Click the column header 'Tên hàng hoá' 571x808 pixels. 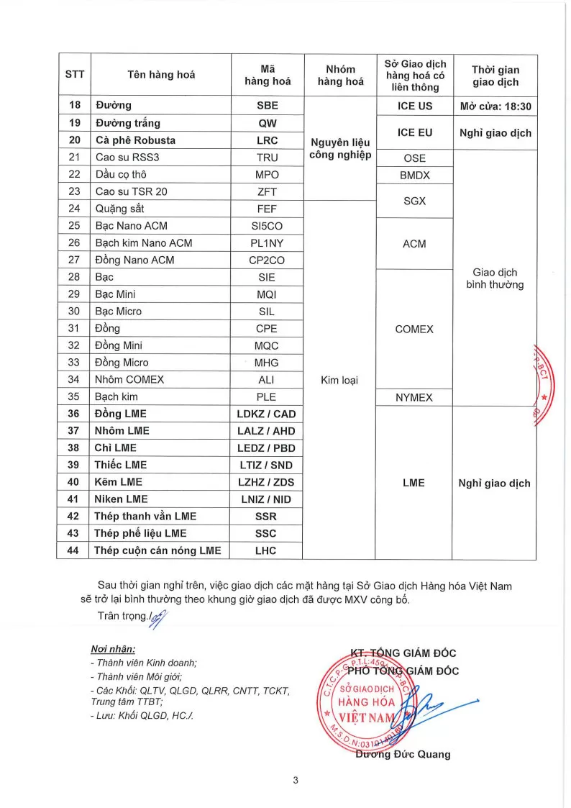[161, 75]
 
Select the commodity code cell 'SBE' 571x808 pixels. [267, 106]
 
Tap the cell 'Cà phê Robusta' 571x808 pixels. [135, 140]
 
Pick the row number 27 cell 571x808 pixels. [73, 260]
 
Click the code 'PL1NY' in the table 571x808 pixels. [267, 243]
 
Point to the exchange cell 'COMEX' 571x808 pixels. [414, 329]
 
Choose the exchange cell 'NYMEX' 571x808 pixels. [414, 397]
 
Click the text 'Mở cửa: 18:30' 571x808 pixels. [495, 106]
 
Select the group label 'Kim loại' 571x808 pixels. [339, 380]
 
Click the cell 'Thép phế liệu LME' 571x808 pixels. [140, 533]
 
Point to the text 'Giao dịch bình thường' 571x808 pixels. [495, 278]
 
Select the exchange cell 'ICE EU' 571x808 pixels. [415, 132]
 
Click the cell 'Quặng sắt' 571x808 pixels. [120, 209]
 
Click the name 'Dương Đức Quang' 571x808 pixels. [403, 754]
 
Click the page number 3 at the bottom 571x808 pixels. [295, 781]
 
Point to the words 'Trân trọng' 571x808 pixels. [121, 616]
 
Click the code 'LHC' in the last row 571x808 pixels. [266, 550]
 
